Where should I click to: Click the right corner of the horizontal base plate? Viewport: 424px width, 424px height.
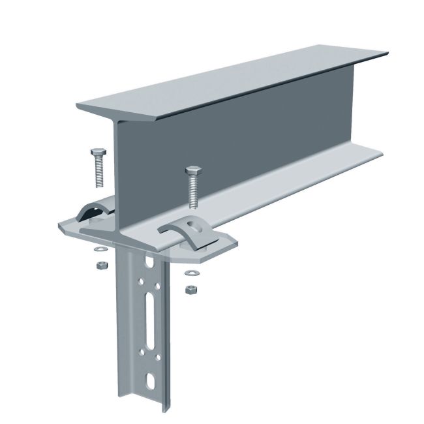[x=235, y=247]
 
